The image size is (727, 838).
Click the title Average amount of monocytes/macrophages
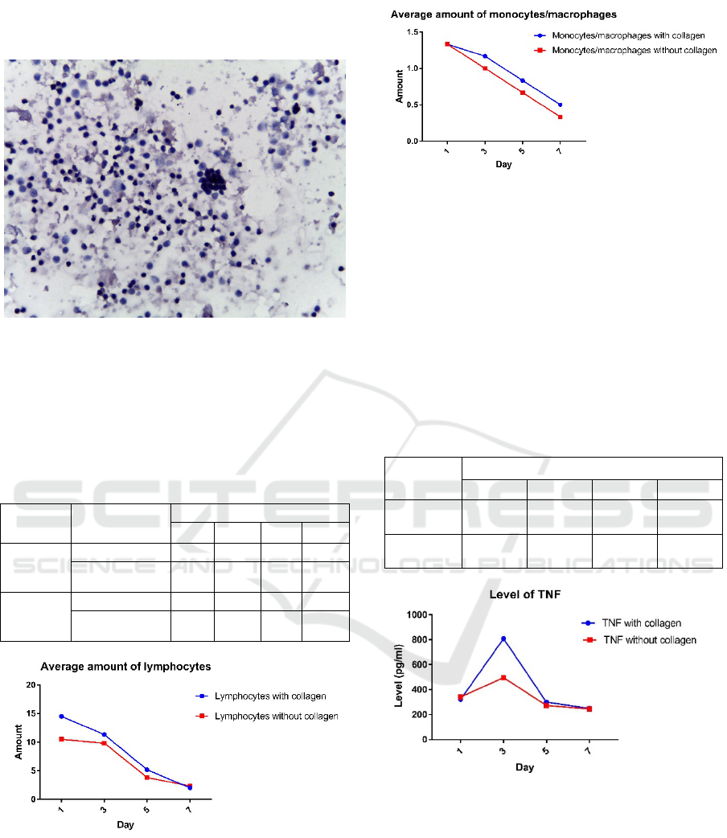(503, 14)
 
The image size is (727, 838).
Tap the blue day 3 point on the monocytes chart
(485, 56)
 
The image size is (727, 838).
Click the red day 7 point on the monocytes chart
(560, 117)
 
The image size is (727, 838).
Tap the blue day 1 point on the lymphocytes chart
(61, 693)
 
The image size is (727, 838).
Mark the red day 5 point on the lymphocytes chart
(146, 778)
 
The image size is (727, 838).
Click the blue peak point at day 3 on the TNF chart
(503, 639)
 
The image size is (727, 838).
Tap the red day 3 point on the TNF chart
(503, 678)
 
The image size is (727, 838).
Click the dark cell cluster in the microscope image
(214, 181)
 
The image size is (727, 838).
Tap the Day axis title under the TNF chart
(524, 767)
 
